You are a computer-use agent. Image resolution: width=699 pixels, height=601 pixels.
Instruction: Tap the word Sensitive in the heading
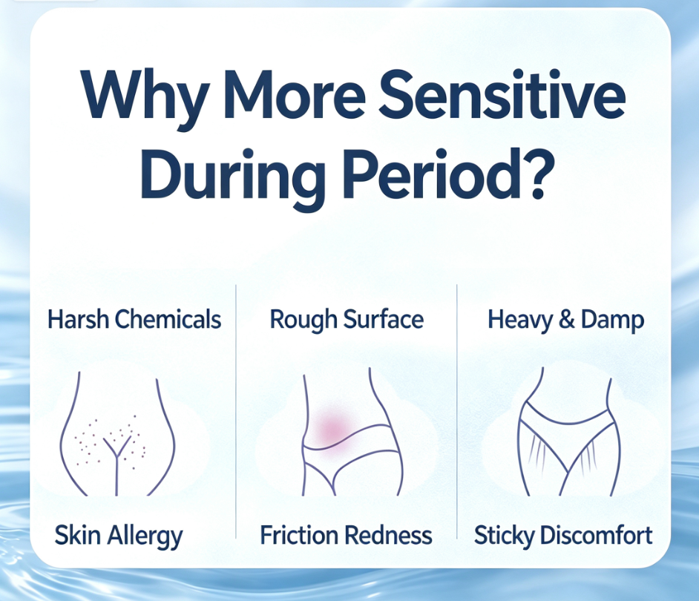coord(502,94)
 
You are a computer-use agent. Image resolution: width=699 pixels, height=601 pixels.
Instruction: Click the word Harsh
coord(78,319)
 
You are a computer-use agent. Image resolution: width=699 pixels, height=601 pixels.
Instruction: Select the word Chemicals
coord(168,319)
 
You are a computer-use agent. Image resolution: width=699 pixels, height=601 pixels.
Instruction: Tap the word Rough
coord(303,320)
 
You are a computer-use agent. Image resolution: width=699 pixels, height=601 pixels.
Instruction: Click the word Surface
coord(384,319)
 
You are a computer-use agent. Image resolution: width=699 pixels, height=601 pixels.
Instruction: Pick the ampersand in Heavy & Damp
coord(566,320)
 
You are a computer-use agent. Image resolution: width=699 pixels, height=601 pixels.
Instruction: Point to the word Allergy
coord(145,536)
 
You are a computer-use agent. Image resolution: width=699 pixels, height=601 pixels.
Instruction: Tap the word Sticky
coord(504,536)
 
